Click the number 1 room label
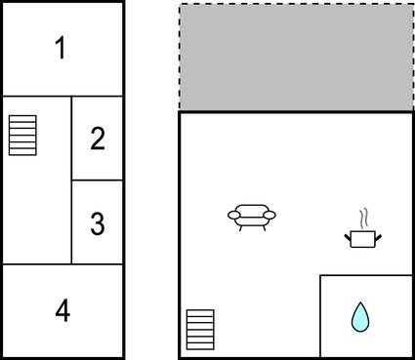click(62, 48)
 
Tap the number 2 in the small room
click(97, 139)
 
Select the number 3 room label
click(97, 223)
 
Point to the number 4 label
click(62, 311)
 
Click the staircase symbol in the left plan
click(22, 135)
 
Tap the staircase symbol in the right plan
click(200, 330)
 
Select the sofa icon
click(252, 216)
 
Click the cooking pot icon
click(363, 237)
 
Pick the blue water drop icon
click(361, 316)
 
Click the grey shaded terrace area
click(295, 57)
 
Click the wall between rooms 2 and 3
click(97, 180)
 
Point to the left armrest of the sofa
click(233, 215)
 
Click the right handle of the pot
click(377, 235)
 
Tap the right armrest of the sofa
click(270, 215)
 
